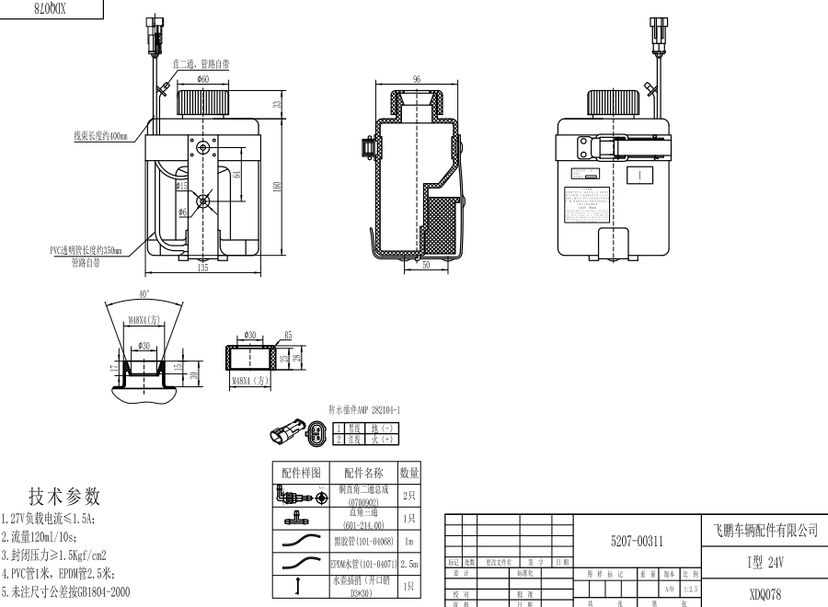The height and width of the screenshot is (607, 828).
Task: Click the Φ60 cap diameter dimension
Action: coord(202,80)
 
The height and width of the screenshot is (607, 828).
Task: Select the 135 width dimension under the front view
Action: coord(202,268)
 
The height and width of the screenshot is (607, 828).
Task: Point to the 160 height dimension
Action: coord(275,185)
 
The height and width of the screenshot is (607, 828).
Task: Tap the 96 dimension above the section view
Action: coord(417,80)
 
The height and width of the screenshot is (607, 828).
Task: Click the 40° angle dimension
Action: coord(143,293)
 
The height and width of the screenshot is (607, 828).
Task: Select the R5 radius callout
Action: coord(287,336)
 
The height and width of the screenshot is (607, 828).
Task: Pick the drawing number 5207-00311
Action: coord(637,542)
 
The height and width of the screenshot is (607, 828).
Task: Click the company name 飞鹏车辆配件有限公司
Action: coord(765,531)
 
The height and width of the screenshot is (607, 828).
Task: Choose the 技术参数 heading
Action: coord(64,497)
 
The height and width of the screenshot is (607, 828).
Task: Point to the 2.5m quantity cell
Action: coord(410,563)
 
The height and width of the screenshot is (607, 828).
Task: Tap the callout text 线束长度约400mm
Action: coord(103,135)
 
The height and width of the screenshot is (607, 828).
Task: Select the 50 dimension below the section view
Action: coord(427,265)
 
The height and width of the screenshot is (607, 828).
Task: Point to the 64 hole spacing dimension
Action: coord(236,173)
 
